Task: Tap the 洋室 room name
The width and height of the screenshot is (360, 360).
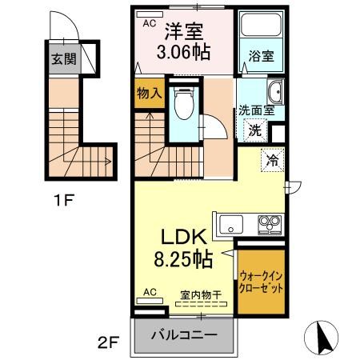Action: tap(184, 32)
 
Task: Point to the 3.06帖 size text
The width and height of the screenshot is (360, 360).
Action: tap(185, 54)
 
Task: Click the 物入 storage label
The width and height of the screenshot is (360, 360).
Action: tap(149, 93)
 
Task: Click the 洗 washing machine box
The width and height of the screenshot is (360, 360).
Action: tap(255, 130)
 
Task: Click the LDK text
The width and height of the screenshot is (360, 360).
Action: tap(186, 238)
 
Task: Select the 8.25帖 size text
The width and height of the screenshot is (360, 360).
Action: tap(186, 260)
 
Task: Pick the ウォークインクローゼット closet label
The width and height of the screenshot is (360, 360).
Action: tap(262, 281)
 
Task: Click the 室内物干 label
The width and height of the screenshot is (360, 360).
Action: tap(202, 294)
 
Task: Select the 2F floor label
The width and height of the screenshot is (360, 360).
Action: tap(109, 344)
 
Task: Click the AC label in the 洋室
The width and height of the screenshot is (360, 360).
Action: tap(150, 23)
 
